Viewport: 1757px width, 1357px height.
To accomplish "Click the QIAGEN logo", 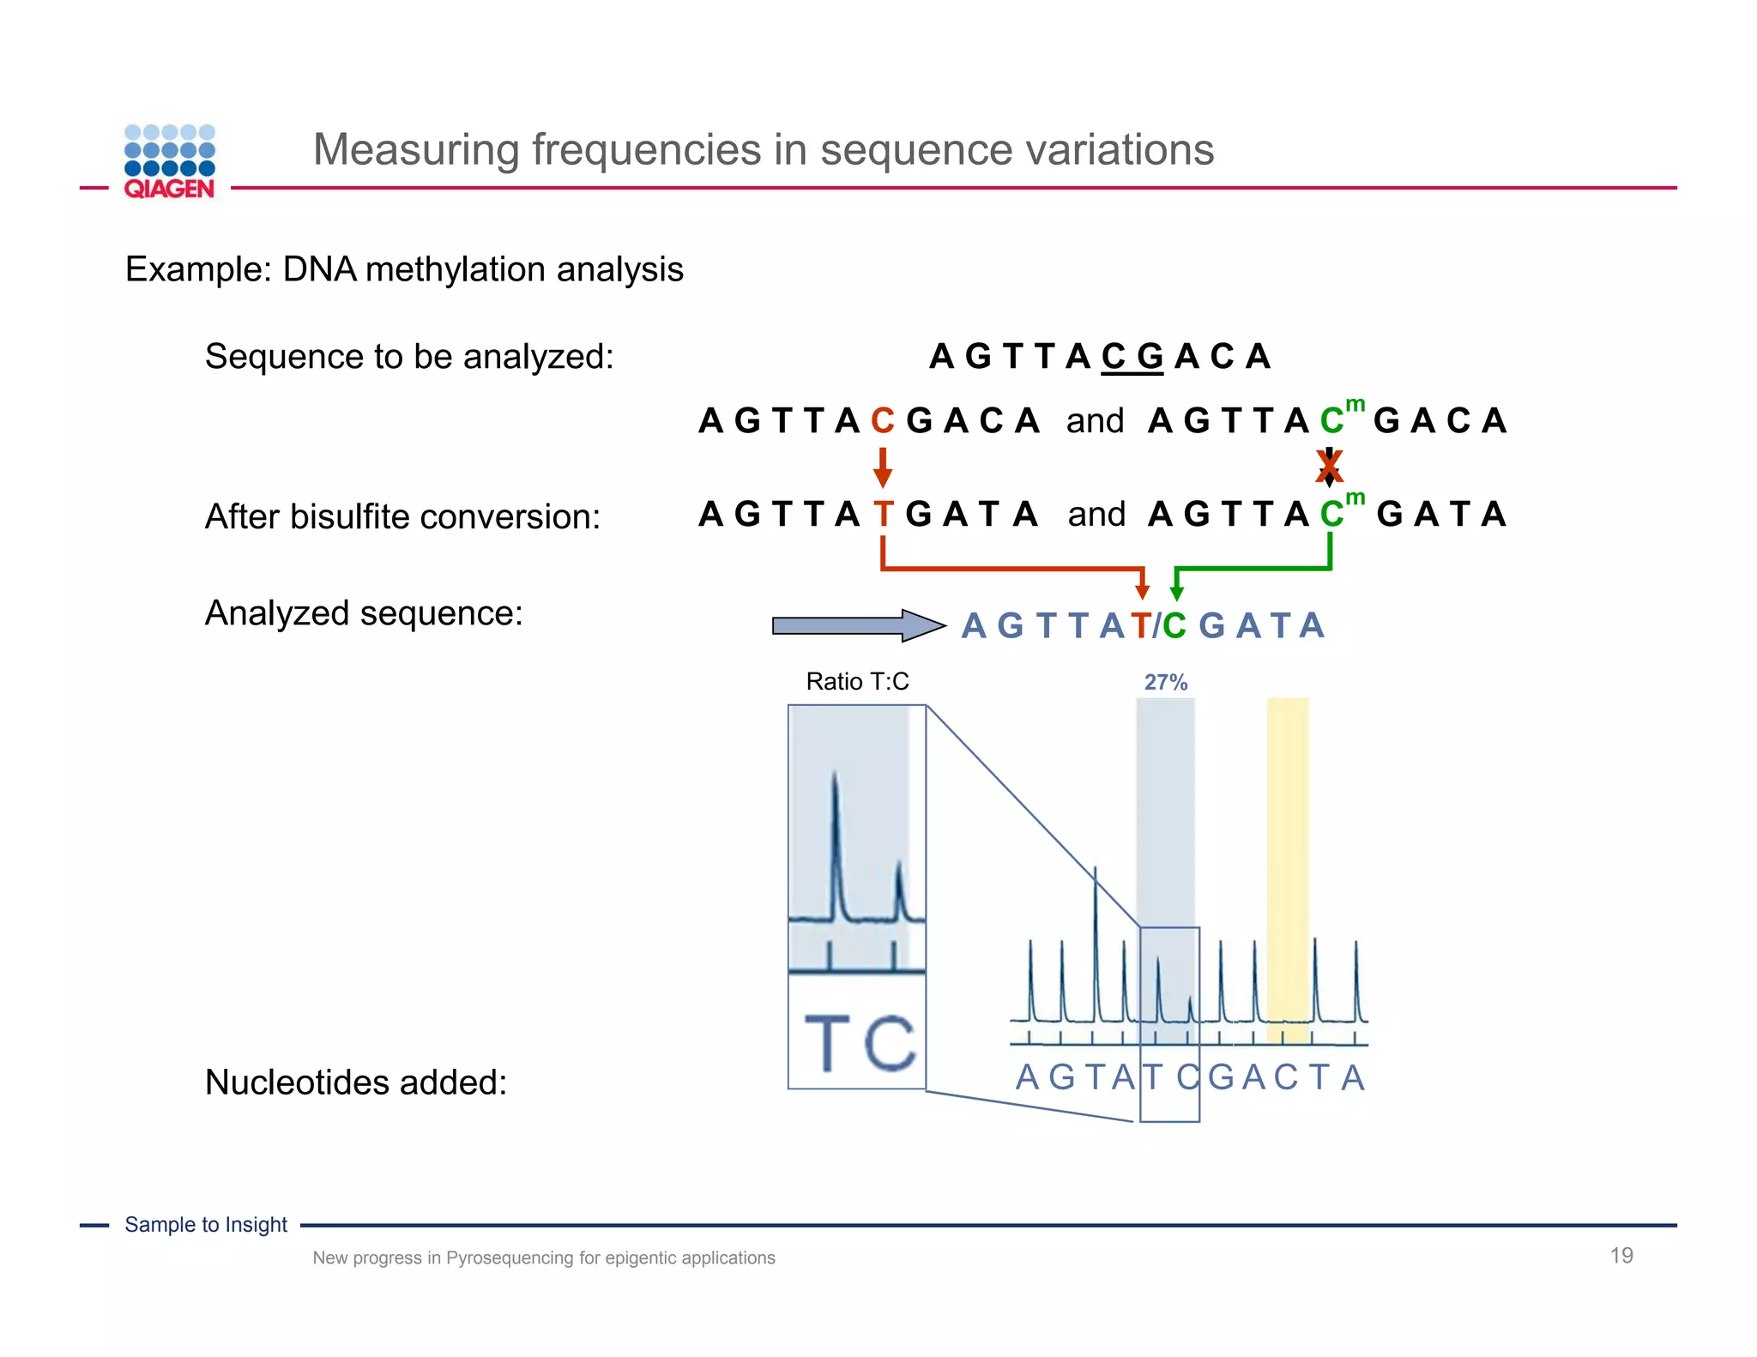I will (x=169, y=162).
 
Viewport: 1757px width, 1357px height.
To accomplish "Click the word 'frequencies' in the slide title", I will (x=646, y=149).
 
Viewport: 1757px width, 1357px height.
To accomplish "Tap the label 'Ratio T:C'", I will (x=857, y=681).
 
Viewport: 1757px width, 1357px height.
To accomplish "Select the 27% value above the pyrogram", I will (x=1165, y=682).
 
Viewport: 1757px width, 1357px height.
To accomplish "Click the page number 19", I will (x=1621, y=1255).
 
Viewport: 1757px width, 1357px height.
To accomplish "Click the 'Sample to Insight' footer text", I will (x=206, y=1224).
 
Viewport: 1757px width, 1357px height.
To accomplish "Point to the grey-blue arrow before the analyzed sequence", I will (x=856, y=625).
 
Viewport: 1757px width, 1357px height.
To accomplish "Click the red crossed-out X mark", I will (x=1329, y=467).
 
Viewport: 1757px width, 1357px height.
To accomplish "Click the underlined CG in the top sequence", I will (x=1132, y=356).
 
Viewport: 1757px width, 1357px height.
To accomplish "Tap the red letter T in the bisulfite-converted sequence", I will (x=883, y=515).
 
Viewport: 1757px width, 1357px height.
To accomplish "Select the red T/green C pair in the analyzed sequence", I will (x=1157, y=625).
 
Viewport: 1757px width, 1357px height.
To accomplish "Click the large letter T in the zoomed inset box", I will (x=827, y=1042).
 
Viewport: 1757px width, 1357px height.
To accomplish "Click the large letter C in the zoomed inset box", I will (x=890, y=1042).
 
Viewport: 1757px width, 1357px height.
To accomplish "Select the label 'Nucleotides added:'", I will (x=356, y=1082).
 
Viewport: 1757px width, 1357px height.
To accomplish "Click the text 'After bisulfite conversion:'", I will (x=402, y=516).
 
